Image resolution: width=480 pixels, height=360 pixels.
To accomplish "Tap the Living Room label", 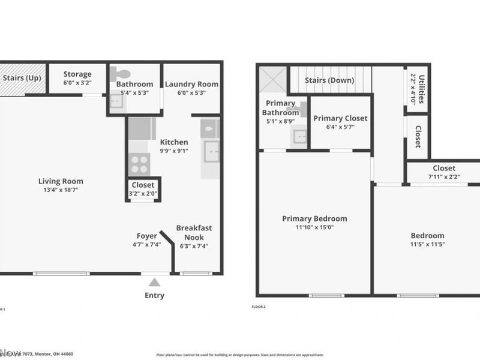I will tap(61, 181).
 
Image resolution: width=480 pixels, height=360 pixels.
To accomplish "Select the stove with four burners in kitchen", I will tap(139, 164).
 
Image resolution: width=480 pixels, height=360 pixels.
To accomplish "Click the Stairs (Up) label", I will tap(22, 78).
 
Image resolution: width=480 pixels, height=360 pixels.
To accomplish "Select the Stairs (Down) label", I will tap(329, 80).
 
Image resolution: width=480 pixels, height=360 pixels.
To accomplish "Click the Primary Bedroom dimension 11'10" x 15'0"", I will tap(314, 227).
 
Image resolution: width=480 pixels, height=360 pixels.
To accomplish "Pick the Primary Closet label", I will tap(340, 118).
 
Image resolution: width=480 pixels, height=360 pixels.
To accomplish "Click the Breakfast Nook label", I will tap(194, 232).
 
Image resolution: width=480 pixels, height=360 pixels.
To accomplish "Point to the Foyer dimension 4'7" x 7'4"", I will tap(147, 245).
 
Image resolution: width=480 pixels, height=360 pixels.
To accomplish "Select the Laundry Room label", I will tap(191, 84).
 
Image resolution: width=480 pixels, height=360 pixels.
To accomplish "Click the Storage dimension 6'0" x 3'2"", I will tap(77, 83).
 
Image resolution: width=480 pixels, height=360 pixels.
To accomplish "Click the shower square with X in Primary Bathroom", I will tap(272, 79).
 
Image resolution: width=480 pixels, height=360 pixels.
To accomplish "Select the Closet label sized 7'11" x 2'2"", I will tap(444, 169).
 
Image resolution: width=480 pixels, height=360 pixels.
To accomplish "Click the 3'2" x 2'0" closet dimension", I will tap(142, 194).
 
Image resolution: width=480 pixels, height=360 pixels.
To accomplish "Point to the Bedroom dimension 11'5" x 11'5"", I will tap(427, 244).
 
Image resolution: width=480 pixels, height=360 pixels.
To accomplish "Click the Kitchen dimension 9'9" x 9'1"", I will tap(174, 151).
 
